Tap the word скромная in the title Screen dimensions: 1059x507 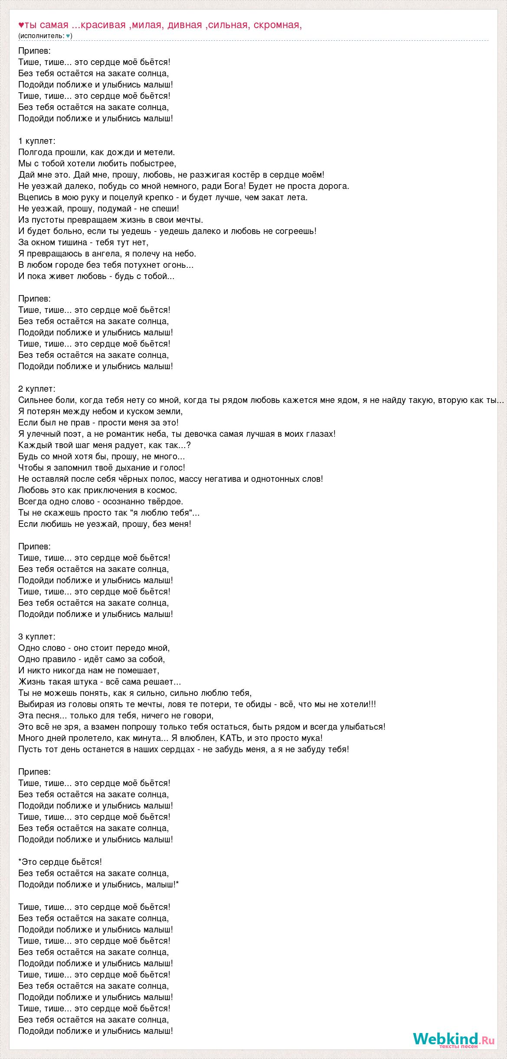[278, 25]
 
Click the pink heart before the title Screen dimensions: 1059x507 [21, 25]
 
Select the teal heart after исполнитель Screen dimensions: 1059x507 [68, 36]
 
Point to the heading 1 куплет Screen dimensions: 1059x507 [37, 141]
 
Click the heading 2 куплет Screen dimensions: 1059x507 [37, 389]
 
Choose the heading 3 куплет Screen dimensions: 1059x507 [37, 637]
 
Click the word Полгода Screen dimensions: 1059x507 [36, 152]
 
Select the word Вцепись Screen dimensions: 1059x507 [35, 197]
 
